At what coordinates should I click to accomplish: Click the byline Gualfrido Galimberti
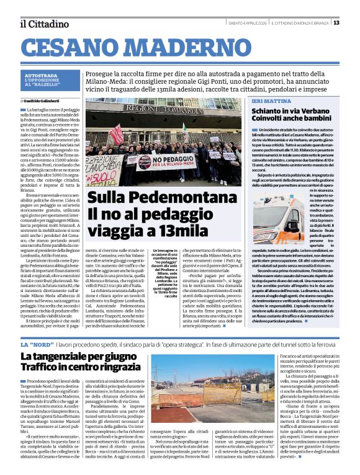click(44, 99)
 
